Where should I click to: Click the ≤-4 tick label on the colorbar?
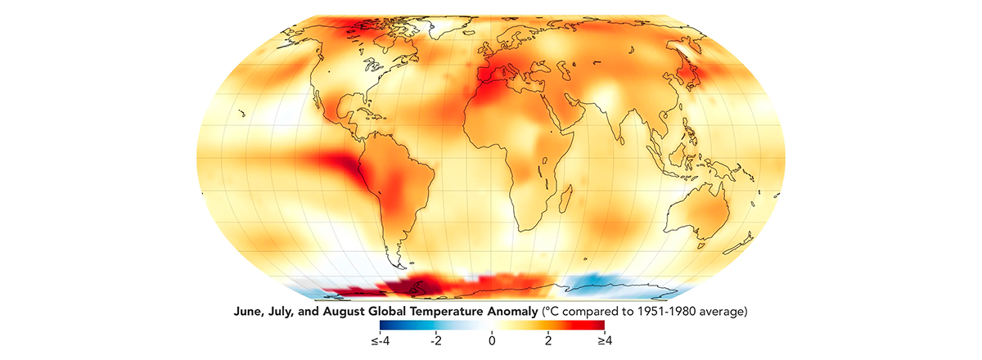[x=380, y=340]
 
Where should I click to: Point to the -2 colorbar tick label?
[x=435, y=340]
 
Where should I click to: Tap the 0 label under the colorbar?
[x=492, y=340]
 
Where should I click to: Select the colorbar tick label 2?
[x=548, y=340]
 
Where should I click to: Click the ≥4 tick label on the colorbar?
[x=605, y=340]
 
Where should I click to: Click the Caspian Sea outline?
[x=562, y=71]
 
